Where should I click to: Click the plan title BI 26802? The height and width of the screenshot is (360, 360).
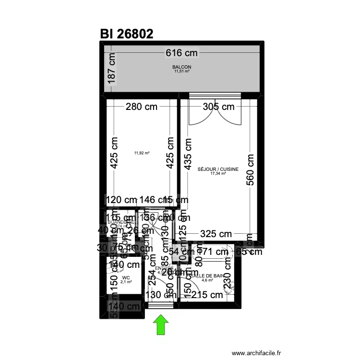(x=127, y=34)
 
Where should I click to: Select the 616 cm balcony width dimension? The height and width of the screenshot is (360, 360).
(x=182, y=53)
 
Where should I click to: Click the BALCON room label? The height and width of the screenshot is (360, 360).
(x=182, y=67)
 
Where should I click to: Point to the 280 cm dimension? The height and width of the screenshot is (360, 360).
(x=142, y=107)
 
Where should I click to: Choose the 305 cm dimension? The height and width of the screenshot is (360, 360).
(x=219, y=107)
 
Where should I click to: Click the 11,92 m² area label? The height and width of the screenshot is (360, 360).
(x=142, y=153)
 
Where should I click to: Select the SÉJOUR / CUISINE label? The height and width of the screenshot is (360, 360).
(x=218, y=169)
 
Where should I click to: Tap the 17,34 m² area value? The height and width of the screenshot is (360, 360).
(x=218, y=173)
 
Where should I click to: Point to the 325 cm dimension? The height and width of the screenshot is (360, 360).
(x=216, y=234)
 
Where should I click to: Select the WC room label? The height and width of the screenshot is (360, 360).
(x=126, y=277)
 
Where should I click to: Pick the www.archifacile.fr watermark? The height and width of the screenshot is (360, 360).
(x=256, y=353)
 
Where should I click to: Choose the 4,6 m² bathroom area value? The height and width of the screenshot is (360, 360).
(x=207, y=280)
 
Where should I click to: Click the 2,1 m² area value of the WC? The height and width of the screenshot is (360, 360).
(x=126, y=282)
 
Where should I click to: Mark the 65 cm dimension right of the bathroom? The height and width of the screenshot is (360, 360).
(x=249, y=251)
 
